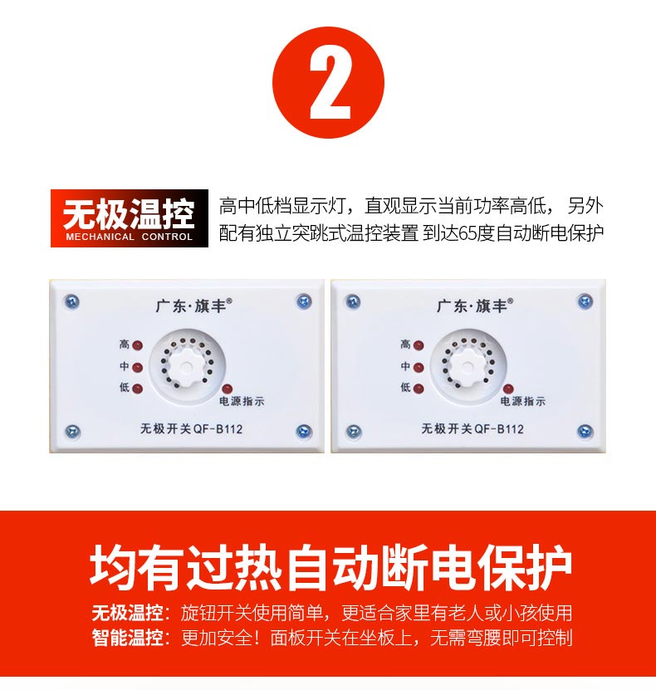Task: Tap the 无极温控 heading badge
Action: point(130,218)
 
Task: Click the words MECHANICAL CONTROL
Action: point(130,237)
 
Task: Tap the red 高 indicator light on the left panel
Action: point(138,345)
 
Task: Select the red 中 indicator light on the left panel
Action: point(138,367)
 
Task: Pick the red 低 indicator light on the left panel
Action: point(138,389)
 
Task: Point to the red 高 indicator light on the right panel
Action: point(419,345)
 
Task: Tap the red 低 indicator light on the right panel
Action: point(419,389)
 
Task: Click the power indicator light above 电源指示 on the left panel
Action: point(227,389)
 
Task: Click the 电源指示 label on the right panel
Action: point(522,401)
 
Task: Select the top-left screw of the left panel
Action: point(71,302)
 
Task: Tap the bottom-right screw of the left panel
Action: point(304,432)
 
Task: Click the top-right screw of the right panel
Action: point(585,301)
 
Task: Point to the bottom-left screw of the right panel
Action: point(353,432)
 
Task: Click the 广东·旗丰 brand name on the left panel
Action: point(193,306)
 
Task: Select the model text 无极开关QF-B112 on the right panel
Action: point(472,428)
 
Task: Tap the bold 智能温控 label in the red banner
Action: point(128,637)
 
